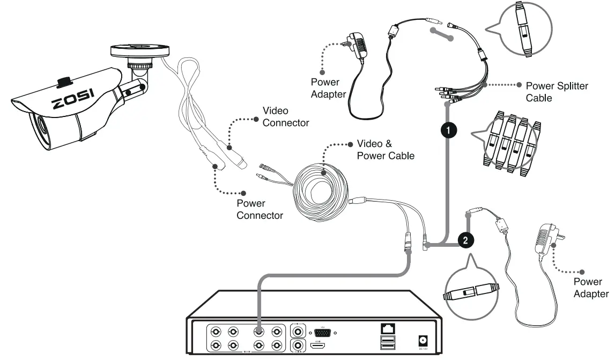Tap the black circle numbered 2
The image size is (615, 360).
pyautogui.click(x=465, y=240)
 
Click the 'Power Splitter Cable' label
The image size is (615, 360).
pyautogui.click(x=556, y=92)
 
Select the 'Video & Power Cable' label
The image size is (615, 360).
pyautogui.click(x=386, y=150)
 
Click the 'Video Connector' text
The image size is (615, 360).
pyautogui.click(x=285, y=117)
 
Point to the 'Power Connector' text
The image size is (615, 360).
pyautogui.click(x=260, y=209)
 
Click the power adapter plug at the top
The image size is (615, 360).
pyautogui.click(x=358, y=46)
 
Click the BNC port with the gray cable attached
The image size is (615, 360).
pyautogui.click(x=258, y=332)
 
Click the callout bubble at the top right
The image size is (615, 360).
pyautogui.click(x=522, y=30)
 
